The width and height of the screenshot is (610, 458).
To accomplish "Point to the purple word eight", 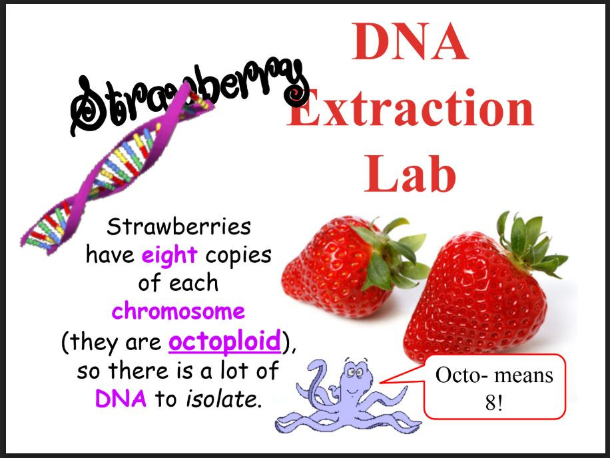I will point(169,255).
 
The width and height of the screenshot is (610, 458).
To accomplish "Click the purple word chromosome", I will point(178,311).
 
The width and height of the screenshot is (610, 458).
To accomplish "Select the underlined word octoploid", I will point(224,342).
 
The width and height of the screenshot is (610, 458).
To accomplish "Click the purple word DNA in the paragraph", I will point(122,399).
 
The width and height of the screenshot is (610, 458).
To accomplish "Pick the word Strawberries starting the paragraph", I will point(178,227).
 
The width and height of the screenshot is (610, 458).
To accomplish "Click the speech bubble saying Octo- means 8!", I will point(494,386).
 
